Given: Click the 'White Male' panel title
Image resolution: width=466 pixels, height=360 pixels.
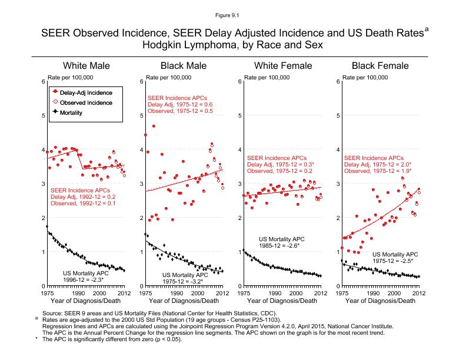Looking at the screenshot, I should (86, 65).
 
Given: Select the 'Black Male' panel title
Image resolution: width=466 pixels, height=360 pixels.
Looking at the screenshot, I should (184, 65).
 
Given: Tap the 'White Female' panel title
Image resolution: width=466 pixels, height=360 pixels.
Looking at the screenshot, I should (282, 65).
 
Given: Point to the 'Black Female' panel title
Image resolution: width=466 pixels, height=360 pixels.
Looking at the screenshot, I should (380, 65).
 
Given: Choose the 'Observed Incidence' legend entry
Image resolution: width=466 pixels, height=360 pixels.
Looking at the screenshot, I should (86, 102).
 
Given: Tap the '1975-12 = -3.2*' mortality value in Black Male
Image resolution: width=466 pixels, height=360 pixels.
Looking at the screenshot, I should (184, 281).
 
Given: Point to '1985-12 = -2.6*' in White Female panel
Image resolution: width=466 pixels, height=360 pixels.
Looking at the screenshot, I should (279, 246).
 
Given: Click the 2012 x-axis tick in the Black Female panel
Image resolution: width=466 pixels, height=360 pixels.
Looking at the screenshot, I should (418, 292).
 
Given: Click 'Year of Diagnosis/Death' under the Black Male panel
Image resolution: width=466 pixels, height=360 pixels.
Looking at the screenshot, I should (184, 301).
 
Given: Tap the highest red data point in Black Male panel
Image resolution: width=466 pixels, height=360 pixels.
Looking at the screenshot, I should (154, 126).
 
